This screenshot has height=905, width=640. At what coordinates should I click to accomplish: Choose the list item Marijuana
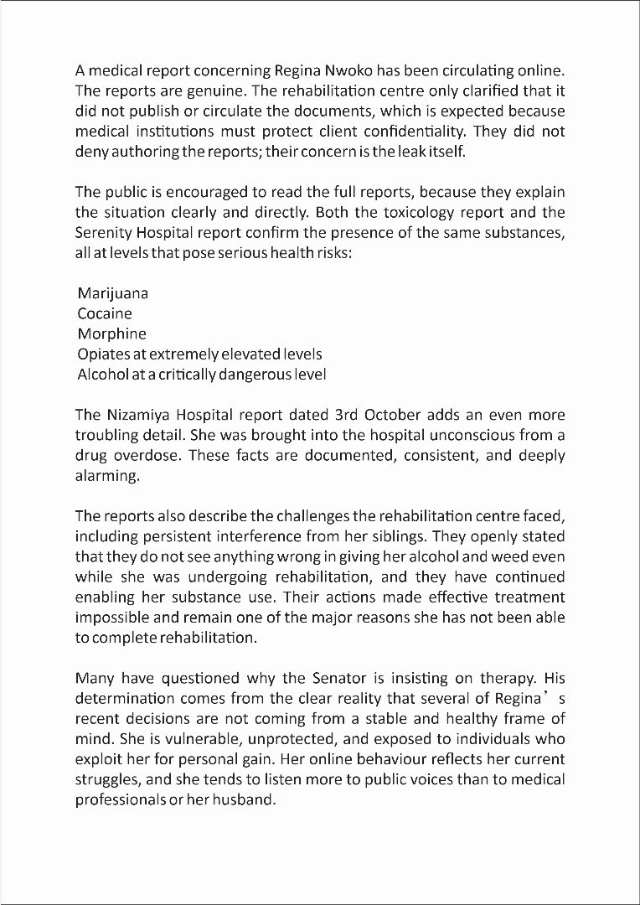pyautogui.click(x=112, y=293)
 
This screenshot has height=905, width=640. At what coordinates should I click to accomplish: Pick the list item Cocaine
pyautogui.click(x=105, y=313)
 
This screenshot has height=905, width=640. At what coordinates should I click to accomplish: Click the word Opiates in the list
pyautogui.click(x=103, y=354)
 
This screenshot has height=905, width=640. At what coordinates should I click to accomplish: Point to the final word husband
pyautogui.click(x=250, y=799)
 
